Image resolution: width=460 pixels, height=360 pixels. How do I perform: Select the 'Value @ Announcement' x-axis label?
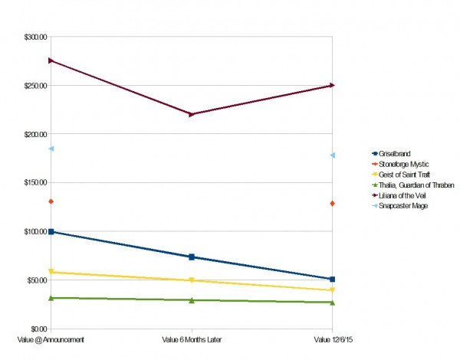(51, 338)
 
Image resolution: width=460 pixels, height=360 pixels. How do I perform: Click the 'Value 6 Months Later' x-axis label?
(192, 338)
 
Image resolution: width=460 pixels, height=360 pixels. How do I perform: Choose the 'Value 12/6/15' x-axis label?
(332, 338)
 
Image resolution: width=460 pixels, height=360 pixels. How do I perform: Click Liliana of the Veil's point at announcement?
(51, 61)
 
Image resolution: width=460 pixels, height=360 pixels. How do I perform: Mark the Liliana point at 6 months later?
(192, 114)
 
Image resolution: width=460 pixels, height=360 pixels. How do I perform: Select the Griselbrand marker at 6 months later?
(192, 257)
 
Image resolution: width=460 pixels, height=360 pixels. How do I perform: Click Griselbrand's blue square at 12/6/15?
(332, 279)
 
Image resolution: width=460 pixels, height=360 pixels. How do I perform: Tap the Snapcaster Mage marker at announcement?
(51, 149)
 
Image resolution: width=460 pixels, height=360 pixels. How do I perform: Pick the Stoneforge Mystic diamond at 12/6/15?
(332, 204)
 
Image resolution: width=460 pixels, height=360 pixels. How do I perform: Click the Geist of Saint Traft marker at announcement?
(51, 272)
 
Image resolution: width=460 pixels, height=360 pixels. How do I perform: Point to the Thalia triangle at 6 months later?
(192, 300)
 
